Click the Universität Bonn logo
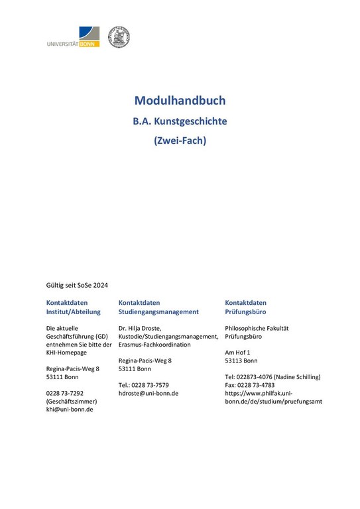[x=73, y=37]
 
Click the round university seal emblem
[x=119, y=36]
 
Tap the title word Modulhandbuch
[x=180, y=101]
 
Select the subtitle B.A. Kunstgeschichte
[x=180, y=122]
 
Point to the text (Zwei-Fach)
[x=180, y=141]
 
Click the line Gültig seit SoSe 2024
[x=77, y=285]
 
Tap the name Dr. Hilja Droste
[x=143, y=328]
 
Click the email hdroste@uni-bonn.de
[x=148, y=393]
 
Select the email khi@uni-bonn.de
[x=69, y=409]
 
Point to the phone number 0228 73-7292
[x=64, y=393]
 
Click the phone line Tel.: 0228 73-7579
[x=143, y=385]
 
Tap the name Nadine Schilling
[x=298, y=377]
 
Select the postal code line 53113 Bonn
[x=241, y=361]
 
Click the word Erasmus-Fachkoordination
[x=154, y=345]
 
